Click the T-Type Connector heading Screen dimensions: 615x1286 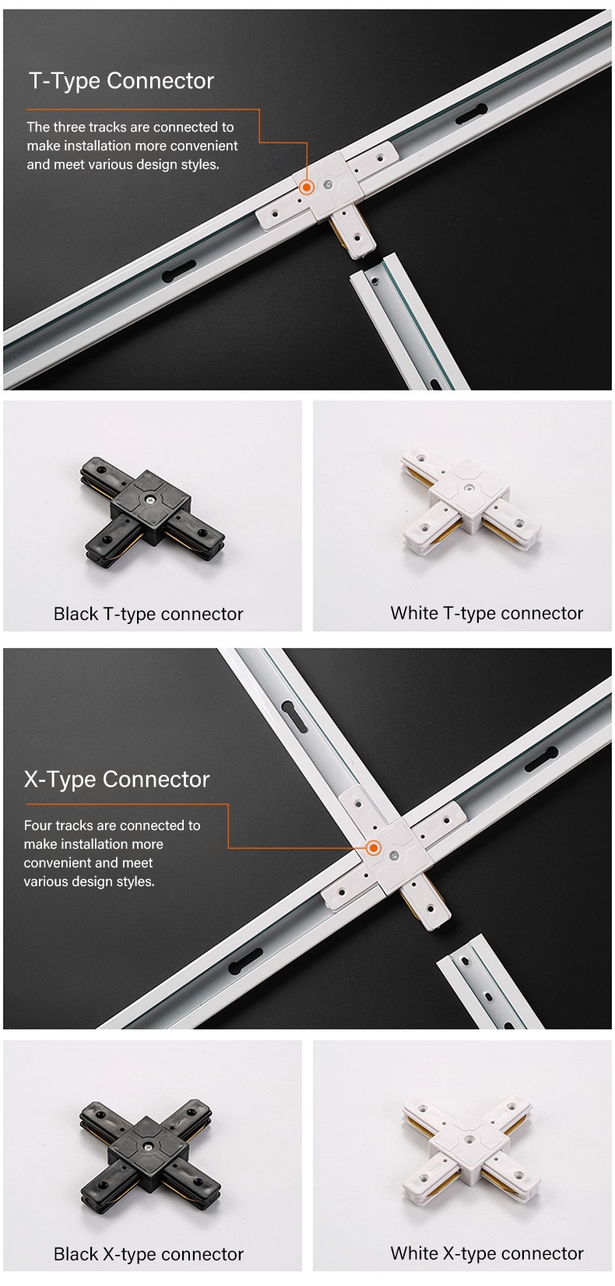tap(121, 81)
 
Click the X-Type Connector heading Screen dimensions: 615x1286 tap(117, 780)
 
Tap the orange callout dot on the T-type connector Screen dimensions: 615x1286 tap(307, 187)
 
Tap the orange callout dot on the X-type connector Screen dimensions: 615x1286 tap(374, 847)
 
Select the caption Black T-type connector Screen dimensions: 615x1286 tap(148, 615)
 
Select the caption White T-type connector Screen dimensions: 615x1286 tap(487, 613)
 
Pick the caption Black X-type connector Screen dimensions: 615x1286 tap(148, 1254)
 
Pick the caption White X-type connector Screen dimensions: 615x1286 tap(487, 1253)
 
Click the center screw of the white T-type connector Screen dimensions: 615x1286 tap(469, 489)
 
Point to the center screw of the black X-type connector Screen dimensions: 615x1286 tap(148, 1146)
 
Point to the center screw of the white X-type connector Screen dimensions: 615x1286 tap(469, 1138)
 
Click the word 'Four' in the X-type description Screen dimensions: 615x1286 tap(38, 825)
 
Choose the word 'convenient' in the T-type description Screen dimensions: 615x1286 tap(207, 145)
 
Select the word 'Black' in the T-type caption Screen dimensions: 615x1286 tap(76, 614)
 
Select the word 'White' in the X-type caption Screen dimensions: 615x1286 tap(414, 1253)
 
